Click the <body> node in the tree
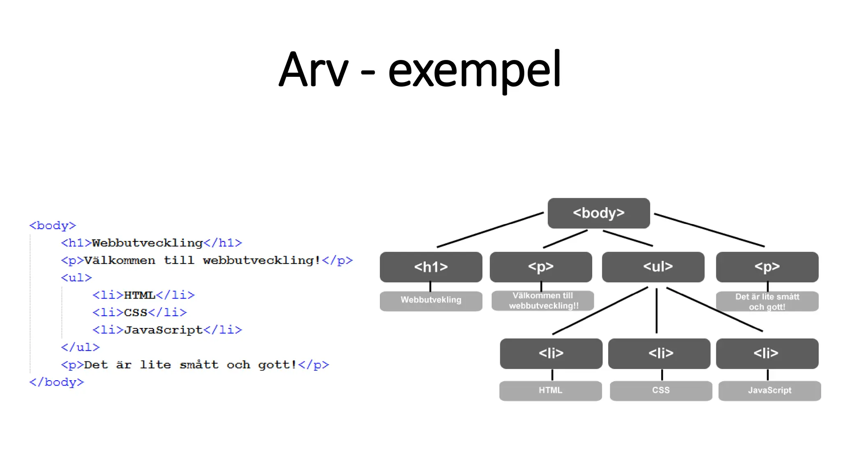point(598,213)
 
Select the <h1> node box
point(431,267)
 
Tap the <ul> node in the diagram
point(653,267)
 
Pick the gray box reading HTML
point(550,390)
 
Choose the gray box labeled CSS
point(661,390)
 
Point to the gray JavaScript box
point(769,390)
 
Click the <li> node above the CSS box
point(659,354)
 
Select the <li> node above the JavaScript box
point(767,354)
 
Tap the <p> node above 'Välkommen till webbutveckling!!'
point(540,267)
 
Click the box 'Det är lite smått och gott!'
point(767,301)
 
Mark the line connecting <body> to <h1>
point(490,230)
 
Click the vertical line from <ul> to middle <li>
point(657,311)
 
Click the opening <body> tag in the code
point(53,225)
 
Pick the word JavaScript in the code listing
point(163,330)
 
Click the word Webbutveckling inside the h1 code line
point(147,243)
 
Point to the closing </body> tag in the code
point(56,382)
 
